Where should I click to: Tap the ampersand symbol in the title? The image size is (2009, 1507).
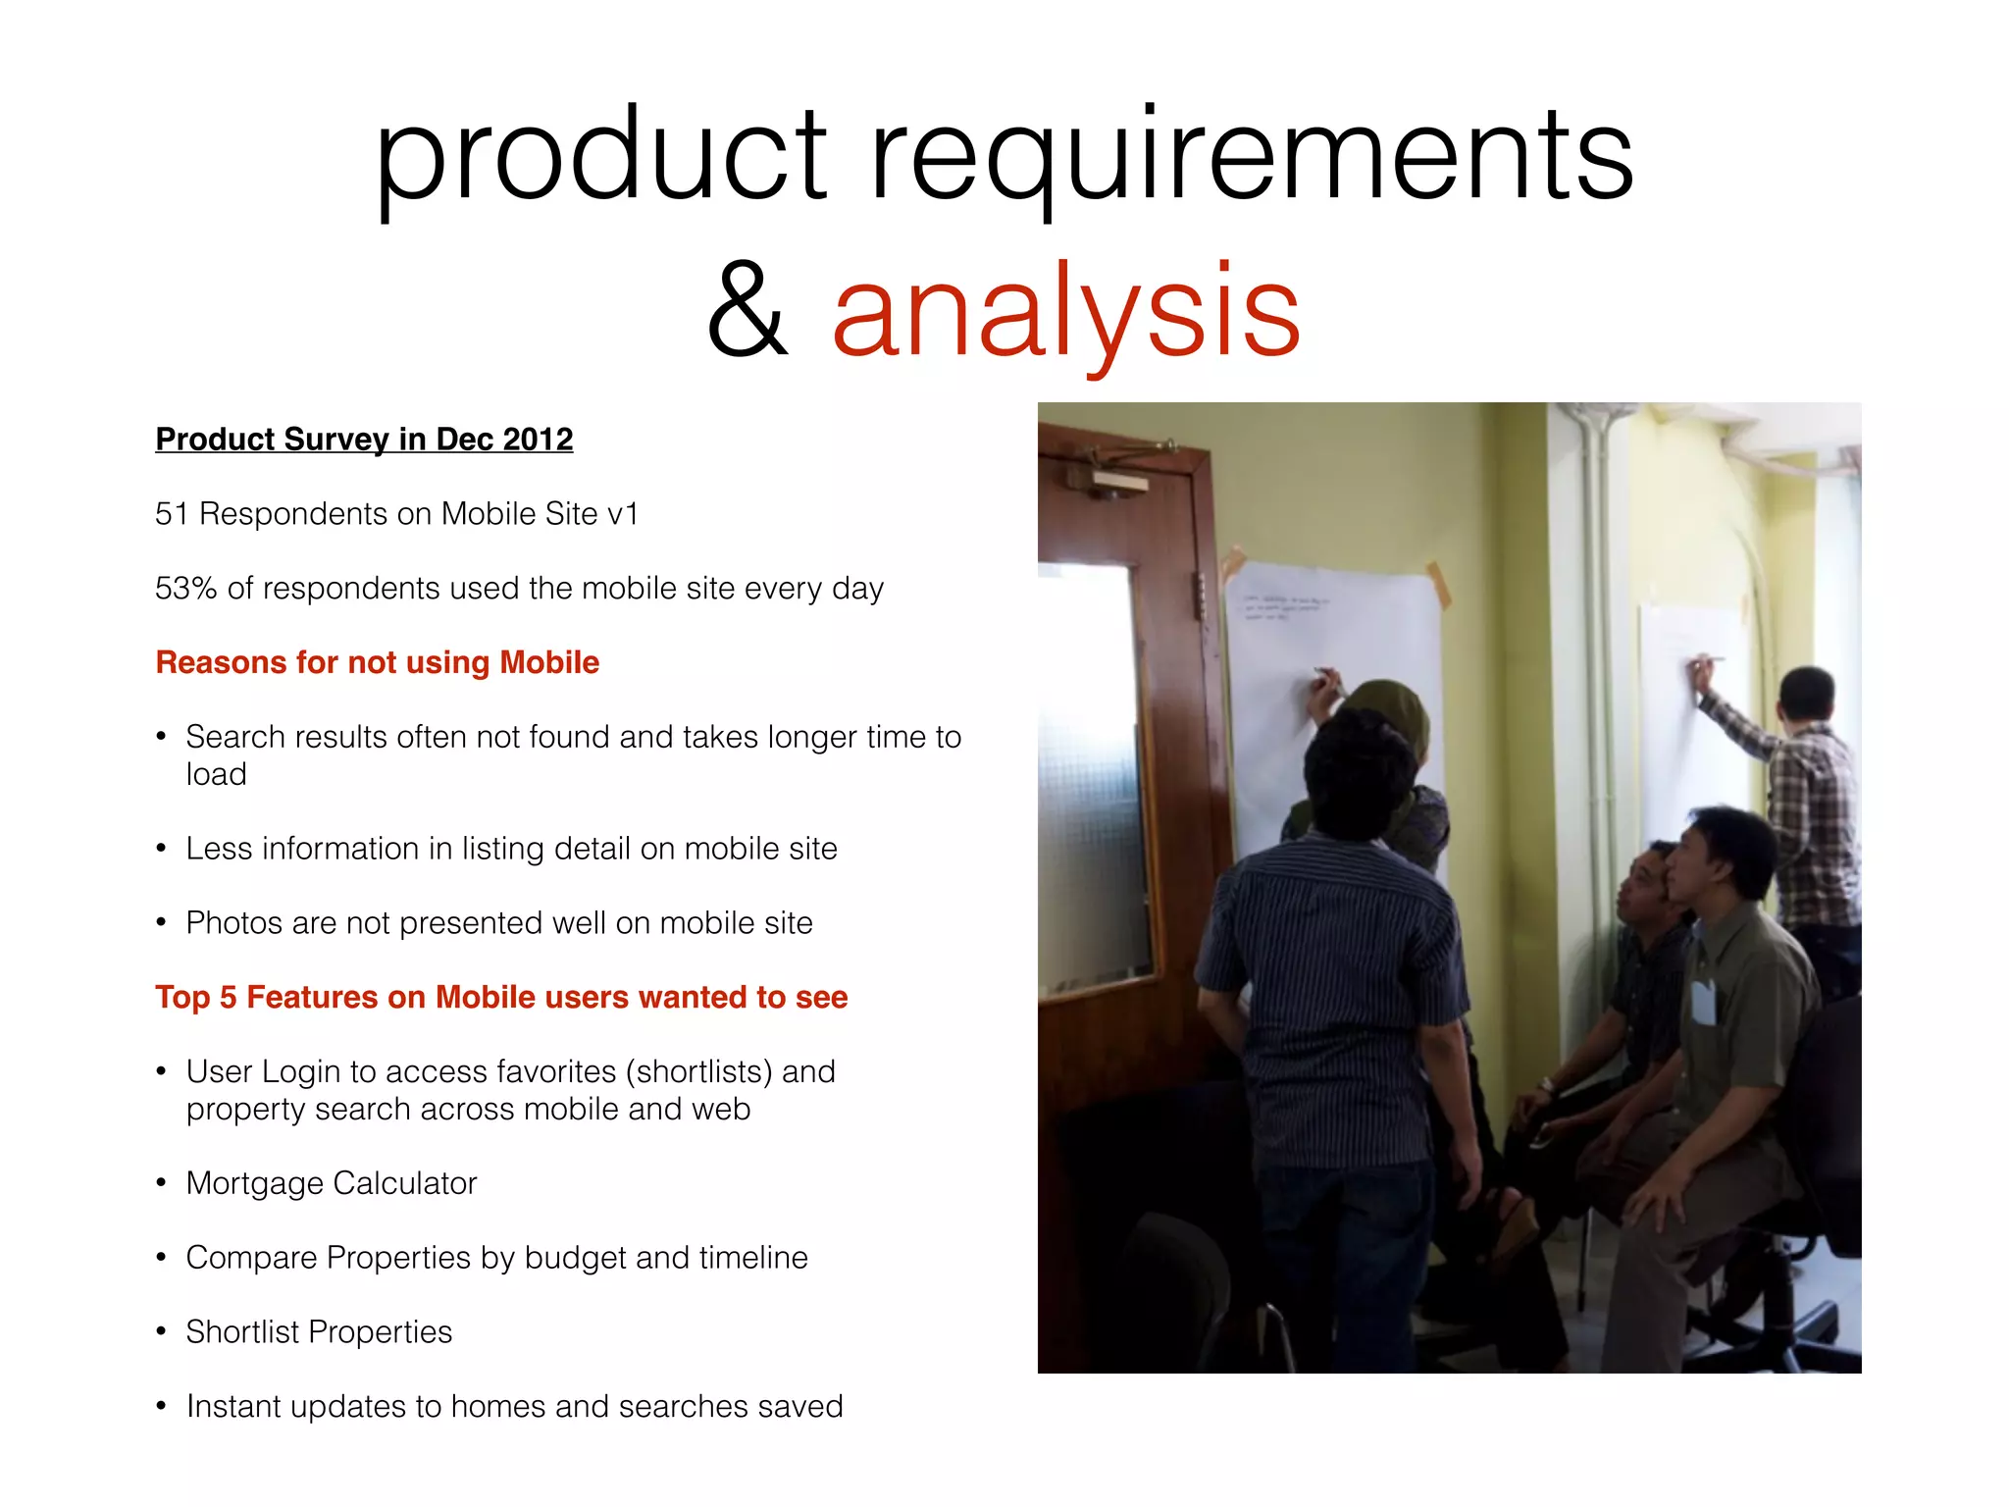click(747, 312)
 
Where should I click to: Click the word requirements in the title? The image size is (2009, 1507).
click(1251, 157)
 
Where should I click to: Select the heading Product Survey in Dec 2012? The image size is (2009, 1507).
click(364, 439)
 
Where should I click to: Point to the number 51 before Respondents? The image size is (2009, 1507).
click(172, 514)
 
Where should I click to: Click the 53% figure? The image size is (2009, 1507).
click(185, 589)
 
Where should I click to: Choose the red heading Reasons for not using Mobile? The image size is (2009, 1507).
click(377, 662)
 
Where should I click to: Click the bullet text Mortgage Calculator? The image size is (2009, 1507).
click(331, 1183)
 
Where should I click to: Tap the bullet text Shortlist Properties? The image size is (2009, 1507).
click(319, 1332)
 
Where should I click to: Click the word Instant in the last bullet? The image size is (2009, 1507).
click(233, 1407)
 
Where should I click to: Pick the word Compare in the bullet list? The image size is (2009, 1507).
click(251, 1258)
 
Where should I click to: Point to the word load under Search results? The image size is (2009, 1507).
click(216, 775)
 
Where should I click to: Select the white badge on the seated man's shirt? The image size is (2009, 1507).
click(1704, 1002)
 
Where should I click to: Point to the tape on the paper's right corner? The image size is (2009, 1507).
click(1439, 585)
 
